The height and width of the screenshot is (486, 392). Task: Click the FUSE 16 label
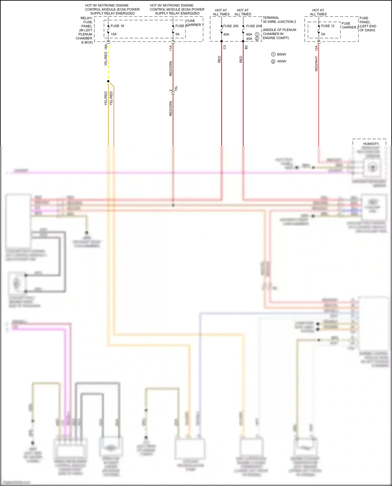[117, 26]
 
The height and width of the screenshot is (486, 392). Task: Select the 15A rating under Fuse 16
[113, 34]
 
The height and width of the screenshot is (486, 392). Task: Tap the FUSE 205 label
[231, 26]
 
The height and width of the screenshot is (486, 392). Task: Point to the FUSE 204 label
[253, 26]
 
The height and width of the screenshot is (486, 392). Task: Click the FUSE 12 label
[328, 26]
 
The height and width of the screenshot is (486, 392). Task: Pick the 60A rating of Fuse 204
[249, 34]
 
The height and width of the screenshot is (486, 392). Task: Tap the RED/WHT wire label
[316, 63]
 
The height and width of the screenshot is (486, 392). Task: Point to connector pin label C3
[225, 47]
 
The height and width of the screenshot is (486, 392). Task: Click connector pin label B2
[246, 47]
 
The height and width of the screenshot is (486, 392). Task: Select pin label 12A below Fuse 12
[316, 48]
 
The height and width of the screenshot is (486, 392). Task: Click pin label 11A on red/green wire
[171, 48]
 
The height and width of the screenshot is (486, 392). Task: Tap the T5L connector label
[176, 88]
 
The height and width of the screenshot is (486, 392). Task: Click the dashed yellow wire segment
[108, 63]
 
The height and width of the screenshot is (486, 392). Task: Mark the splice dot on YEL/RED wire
[108, 81]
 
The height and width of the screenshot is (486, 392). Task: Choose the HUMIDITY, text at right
[371, 144]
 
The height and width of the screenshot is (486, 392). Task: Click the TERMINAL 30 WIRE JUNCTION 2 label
[279, 20]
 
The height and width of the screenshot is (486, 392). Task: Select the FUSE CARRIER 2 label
[350, 25]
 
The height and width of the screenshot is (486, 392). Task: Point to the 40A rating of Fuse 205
[226, 34]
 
